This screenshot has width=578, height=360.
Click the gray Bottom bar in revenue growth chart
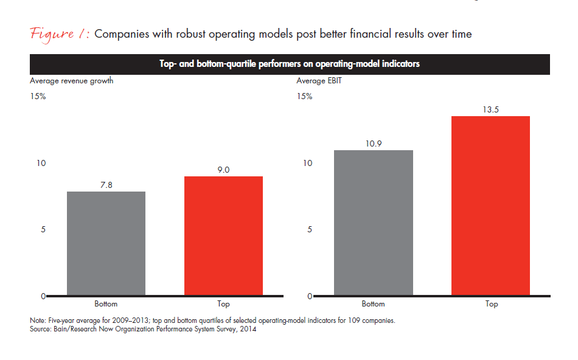coord(106,243)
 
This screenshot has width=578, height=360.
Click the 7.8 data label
coord(106,184)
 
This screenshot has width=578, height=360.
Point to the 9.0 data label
coord(223,170)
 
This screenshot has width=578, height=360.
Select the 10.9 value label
coord(374,143)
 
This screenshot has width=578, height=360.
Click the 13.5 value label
coord(491,109)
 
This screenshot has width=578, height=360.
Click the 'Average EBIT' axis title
coord(316,81)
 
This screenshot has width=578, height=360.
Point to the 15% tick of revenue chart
coord(38,96)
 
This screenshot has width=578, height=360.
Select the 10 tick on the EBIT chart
coord(308,163)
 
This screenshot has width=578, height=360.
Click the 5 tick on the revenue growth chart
coord(43,229)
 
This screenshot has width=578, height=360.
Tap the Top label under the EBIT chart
coord(491,304)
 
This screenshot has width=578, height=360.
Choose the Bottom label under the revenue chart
coord(106,304)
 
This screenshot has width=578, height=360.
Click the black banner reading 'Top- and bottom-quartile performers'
coord(290,64)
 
